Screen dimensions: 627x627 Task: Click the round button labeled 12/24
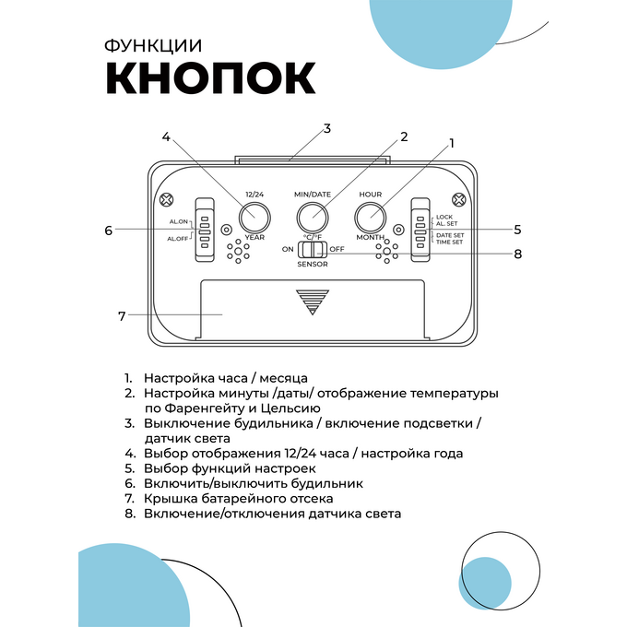pyautogui.click(x=254, y=218)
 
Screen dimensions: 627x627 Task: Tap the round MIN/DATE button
pyautogui.click(x=313, y=218)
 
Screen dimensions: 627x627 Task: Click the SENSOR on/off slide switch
pyautogui.click(x=313, y=250)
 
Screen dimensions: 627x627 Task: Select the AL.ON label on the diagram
pyautogui.click(x=178, y=221)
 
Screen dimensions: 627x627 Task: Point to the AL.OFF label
pyautogui.click(x=178, y=239)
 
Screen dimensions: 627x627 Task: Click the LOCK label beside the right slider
pyautogui.click(x=444, y=217)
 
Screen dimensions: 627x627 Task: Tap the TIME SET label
pyautogui.click(x=449, y=242)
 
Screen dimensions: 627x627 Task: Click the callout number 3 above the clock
pyautogui.click(x=327, y=129)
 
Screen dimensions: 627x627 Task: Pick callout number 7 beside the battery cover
pyautogui.click(x=122, y=316)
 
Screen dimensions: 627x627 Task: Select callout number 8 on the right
pyautogui.click(x=518, y=254)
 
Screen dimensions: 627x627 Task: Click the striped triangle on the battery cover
pyautogui.click(x=313, y=302)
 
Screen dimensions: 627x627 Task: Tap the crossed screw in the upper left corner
pyautogui.click(x=166, y=199)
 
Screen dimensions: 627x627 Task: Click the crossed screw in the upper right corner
pyautogui.click(x=458, y=199)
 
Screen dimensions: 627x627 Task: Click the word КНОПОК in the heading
pyautogui.click(x=211, y=78)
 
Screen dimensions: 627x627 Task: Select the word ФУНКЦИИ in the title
pyautogui.click(x=153, y=46)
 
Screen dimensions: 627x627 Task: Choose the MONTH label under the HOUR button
pyautogui.click(x=371, y=237)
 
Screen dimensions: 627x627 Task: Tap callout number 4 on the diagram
pyautogui.click(x=166, y=137)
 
